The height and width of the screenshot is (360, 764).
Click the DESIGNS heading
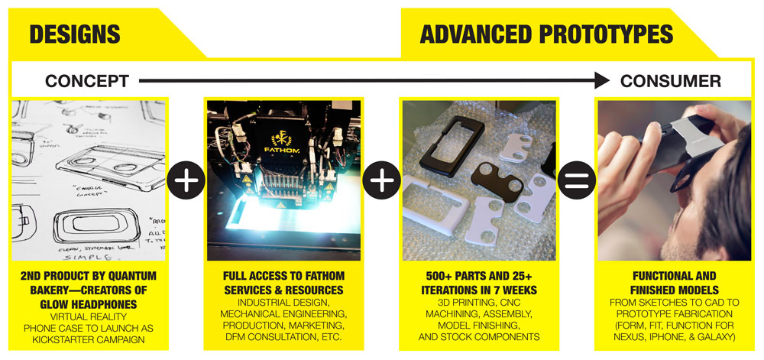(75, 34)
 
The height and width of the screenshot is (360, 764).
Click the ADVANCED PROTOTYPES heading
(546, 34)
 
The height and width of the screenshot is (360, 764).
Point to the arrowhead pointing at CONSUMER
(602, 79)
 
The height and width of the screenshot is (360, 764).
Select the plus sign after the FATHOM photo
(382, 183)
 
